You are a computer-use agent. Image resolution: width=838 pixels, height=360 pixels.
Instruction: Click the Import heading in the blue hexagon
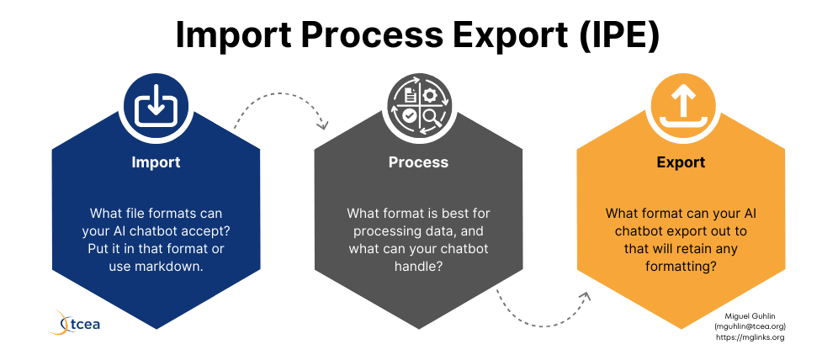coord(156,161)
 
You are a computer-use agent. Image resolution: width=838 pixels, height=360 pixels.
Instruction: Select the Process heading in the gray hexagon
coord(418,161)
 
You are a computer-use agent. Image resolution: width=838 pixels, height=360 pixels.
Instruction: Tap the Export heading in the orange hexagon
coord(681,162)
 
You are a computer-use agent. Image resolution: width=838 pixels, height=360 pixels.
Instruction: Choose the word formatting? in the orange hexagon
coord(681,266)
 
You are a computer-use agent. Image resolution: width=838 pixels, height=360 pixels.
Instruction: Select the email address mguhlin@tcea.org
coord(750,326)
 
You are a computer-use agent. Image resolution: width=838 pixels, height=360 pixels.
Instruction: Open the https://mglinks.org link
coord(750,337)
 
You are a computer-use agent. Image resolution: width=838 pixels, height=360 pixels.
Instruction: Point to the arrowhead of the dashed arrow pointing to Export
coord(586,296)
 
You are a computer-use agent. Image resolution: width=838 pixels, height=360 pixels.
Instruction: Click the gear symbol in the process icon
coord(429,94)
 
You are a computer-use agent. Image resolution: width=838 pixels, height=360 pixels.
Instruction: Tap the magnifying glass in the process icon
coord(431,117)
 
